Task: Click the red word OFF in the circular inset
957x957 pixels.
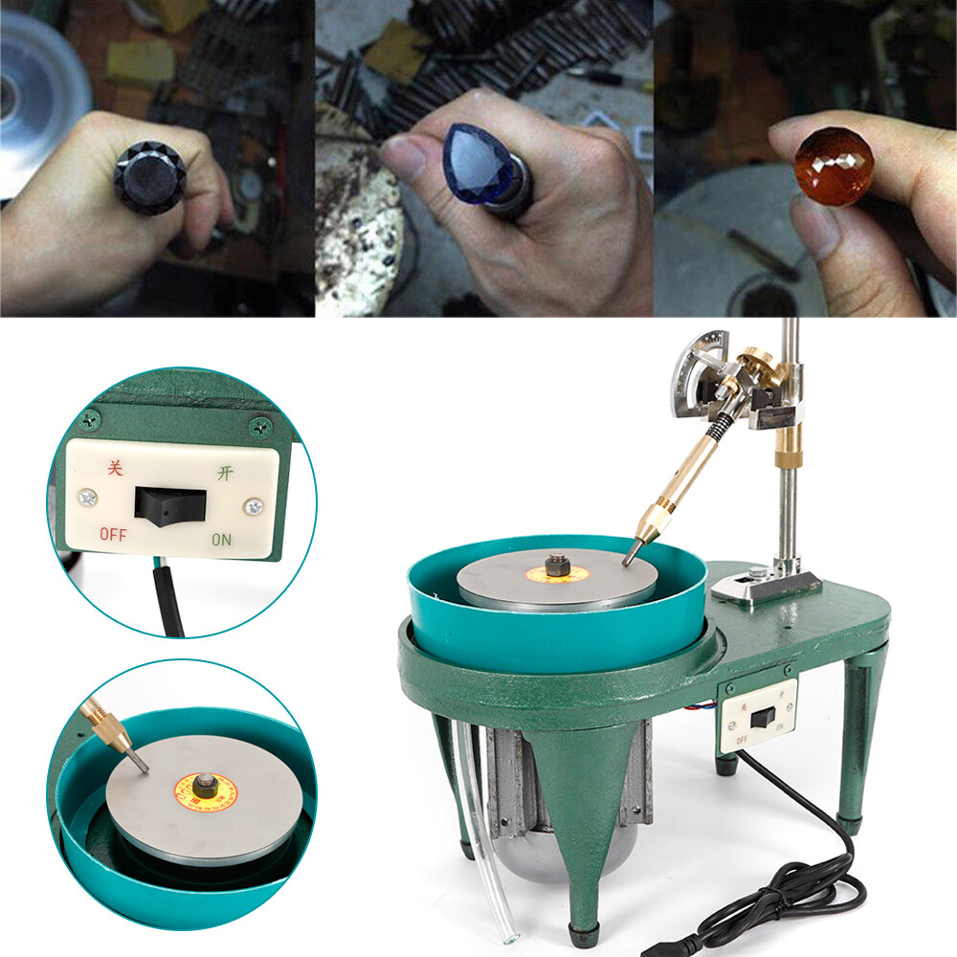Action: (x=113, y=534)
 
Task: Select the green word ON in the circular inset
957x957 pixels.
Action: (x=221, y=539)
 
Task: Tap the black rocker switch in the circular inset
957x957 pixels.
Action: (x=169, y=504)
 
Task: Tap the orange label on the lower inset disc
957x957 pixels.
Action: (x=203, y=789)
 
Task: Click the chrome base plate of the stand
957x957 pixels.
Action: (x=766, y=587)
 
